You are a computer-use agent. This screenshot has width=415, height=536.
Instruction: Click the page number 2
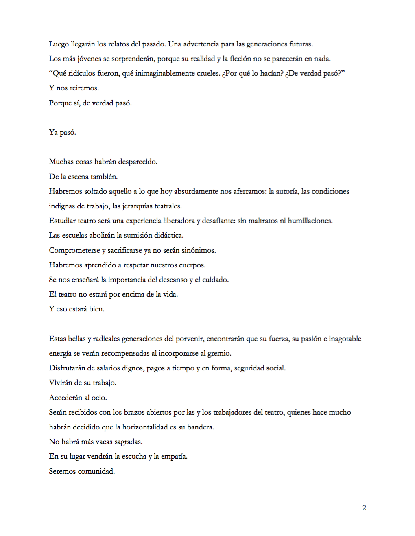tap(364, 508)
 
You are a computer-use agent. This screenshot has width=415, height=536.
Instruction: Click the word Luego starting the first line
tap(59, 44)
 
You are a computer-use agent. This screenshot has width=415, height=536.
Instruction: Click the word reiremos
tap(84, 88)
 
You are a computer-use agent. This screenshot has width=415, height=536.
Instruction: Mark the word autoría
tap(286, 191)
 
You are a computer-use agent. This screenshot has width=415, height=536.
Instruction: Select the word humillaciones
tap(310, 221)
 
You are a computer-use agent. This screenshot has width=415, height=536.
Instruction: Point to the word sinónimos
tap(199, 250)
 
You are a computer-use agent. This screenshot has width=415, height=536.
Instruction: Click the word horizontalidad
tap(145, 427)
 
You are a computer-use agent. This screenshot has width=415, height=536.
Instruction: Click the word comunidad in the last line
tap(96, 471)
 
